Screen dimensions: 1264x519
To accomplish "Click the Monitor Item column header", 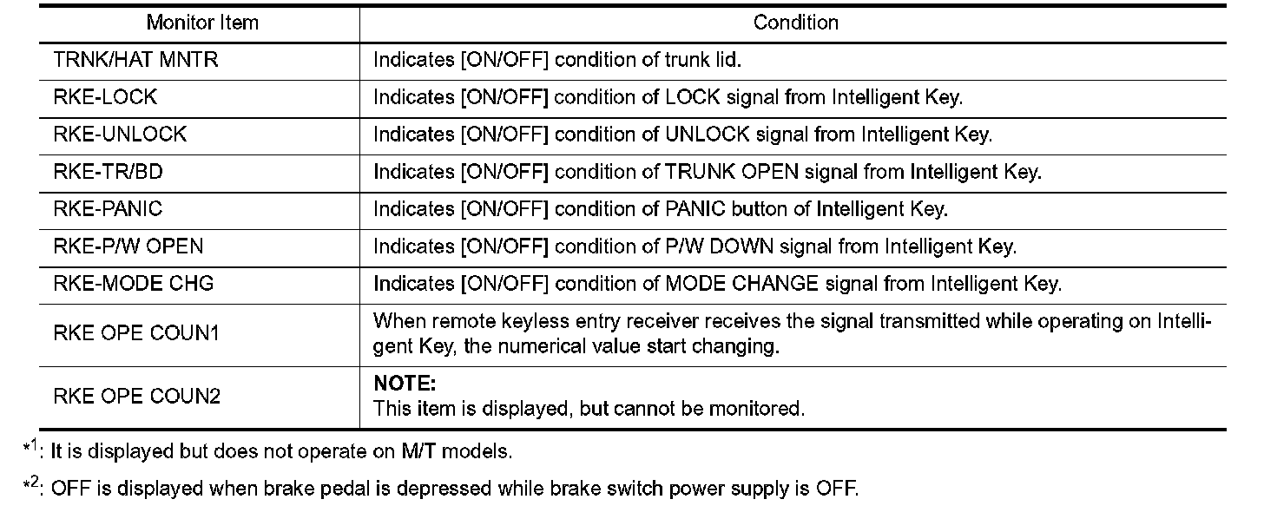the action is pos(202,23).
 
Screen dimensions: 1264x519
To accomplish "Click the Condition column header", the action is pos(796,23).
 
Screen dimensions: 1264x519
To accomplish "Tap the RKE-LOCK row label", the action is pos(105,97).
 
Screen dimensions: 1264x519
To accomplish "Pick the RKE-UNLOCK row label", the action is pos(120,135).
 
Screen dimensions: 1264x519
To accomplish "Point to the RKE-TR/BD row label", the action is pos(108,172).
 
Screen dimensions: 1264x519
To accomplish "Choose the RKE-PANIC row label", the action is pos(108,209).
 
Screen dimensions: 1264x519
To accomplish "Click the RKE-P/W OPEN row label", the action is pos(128,246).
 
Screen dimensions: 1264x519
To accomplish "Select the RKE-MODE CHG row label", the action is pos(133,284).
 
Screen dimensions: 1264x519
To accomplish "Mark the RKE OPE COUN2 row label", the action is pos(136,397).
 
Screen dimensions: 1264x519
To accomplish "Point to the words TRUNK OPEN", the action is pos(727,172).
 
